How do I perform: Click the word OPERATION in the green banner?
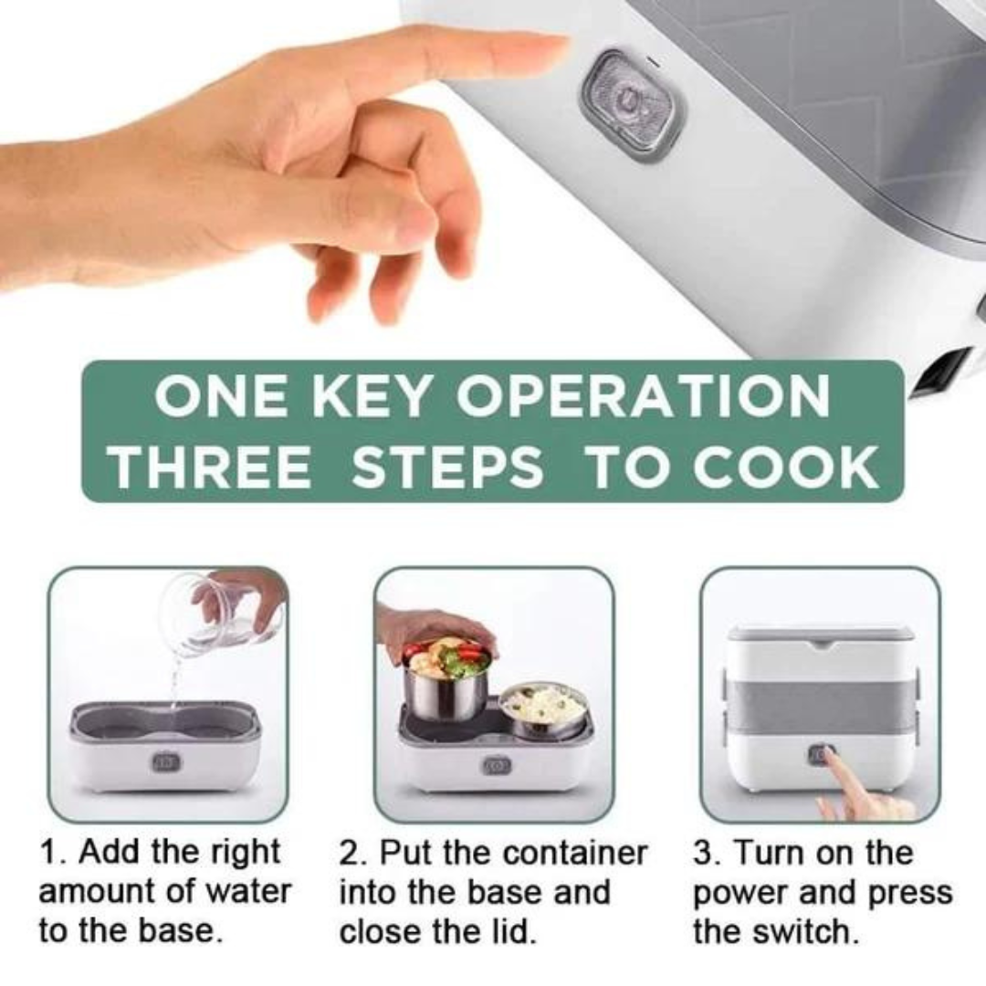642,395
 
